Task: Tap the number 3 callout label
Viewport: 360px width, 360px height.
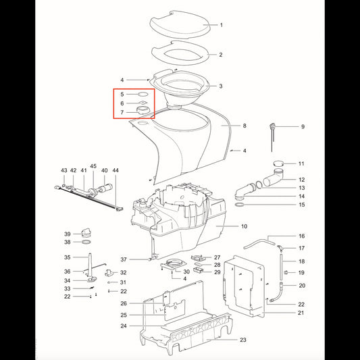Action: [x=221, y=86]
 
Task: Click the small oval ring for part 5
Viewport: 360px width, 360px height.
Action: [x=143, y=94]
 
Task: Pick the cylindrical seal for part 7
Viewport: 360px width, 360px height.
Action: [x=143, y=110]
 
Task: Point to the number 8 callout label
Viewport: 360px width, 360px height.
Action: [x=245, y=126]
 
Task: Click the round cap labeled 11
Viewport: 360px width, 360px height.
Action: [x=279, y=163]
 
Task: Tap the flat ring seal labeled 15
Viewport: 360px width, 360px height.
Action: [x=239, y=205]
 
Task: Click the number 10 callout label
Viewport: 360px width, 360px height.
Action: [x=244, y=226]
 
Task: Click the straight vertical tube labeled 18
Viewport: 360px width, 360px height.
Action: [x=281, y=267]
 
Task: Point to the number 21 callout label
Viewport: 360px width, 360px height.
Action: [x=301, y=313]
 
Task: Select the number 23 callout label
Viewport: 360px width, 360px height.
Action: [x=243, y=340]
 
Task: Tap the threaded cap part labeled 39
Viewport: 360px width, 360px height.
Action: [x=86, y=232]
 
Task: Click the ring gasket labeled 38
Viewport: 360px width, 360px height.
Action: [x=86, y=242]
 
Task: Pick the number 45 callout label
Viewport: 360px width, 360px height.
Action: [x=93, y=166]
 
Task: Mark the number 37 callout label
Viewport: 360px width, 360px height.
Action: [x=124, y=259]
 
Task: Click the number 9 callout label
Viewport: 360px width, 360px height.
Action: [x=303, y=127]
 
